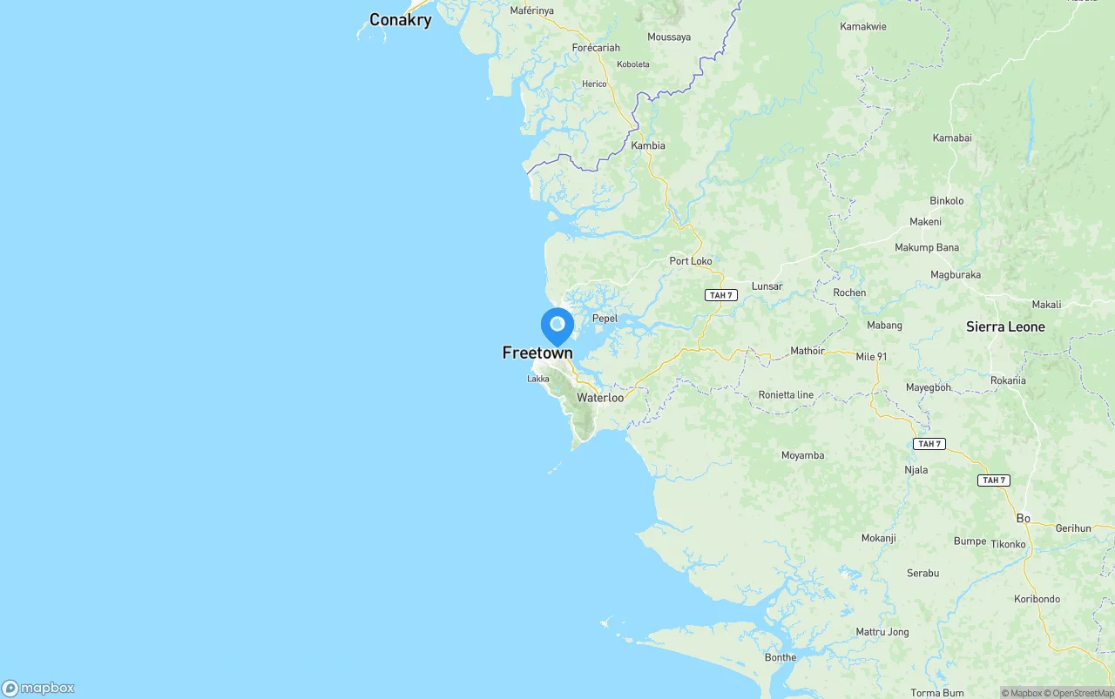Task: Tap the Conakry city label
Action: coord(400,20)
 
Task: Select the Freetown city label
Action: coord(537,353)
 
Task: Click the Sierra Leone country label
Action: coord(1005,327)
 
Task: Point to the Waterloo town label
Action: coord(600,398)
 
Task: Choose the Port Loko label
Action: coord(691,261)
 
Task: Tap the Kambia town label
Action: coord(648,145)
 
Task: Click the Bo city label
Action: coord(1023,518)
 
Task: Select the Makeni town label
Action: coord(925,222)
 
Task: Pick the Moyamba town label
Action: coord(802,455)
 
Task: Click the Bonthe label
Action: coord(780,658)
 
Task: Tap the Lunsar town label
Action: coord(767,286)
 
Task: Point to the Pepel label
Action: coord(605,319)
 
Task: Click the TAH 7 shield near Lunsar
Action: coord(721,295)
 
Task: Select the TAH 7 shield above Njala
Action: coord(929,444)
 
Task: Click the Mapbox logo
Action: coord(38,689)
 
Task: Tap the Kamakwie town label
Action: coord(863,27)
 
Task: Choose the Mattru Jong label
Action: coord(882,632)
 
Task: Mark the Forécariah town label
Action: coord(597,48)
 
